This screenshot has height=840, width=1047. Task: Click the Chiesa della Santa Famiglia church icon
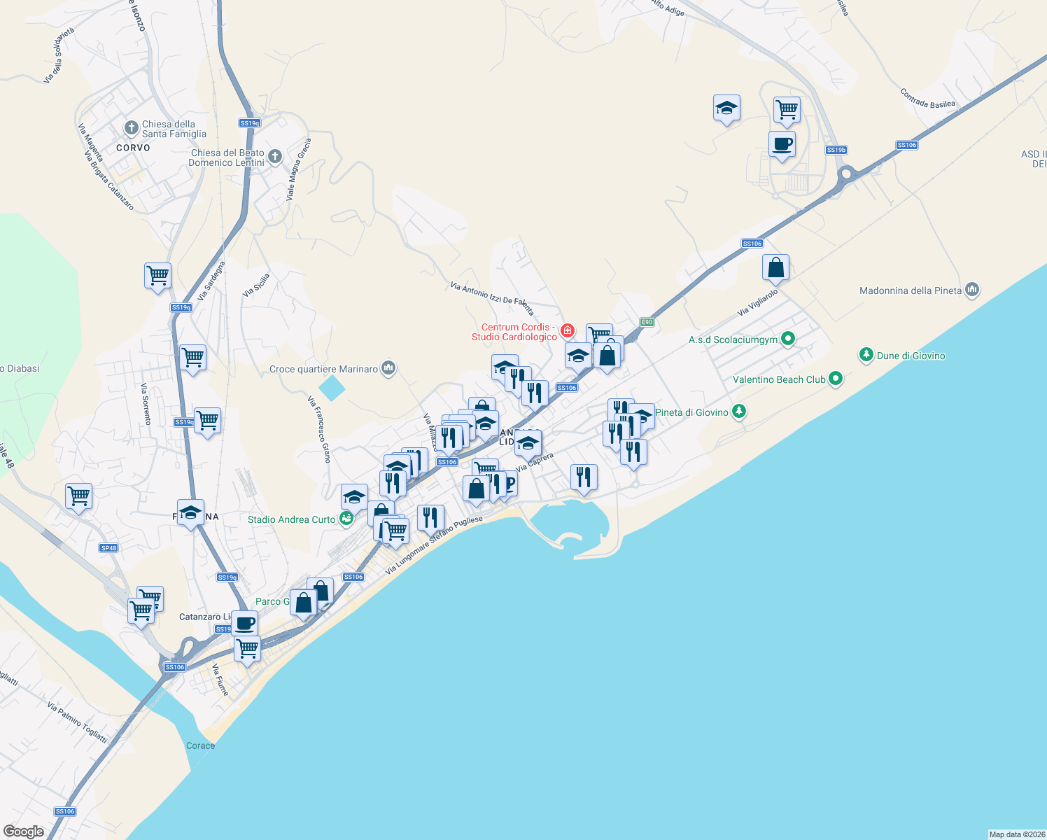pyautogui.click(x=131, y=127)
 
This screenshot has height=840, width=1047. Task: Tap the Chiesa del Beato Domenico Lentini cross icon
pyautogui.click(x=275, y=156)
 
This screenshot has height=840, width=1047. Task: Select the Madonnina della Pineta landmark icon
pyautogui.click(x=971, y=289)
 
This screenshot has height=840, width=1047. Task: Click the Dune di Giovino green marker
pyautogui.click(x=866, y=355)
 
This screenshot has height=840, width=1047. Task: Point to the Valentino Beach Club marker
pyautogui.click(x=835, y=379)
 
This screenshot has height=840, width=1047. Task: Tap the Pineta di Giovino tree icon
pyautogui.click(x=738, y=412)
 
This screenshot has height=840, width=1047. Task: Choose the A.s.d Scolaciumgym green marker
pyautogui.click(x=788, y=339)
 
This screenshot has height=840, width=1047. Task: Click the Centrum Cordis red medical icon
pyautogui.click(x=567, y=330)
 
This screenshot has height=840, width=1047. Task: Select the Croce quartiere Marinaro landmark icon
pyautogui.click(x=389, y=368)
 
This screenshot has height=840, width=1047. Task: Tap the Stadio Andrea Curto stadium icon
pyautogui.click(x=346, y=519)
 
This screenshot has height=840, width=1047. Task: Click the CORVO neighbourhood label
pyautogui.click(x=133, y=148)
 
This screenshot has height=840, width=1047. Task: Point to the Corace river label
pyautogui.click(x=200, y=745)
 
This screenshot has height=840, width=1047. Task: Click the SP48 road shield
pyautogui.click(x=108, y=547)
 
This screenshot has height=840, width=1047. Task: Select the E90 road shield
pyautogui.click(x=647, y=322)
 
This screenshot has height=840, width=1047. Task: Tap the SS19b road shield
pyautogui.click(x=836, y=150)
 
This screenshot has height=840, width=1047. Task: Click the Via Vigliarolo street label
pyautogui.click(x=757, y=302)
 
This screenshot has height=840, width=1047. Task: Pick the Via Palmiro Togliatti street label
pyautogui.click(x=77, y=722)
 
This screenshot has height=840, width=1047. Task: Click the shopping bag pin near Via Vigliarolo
pyautogui.click(x=775, y=267)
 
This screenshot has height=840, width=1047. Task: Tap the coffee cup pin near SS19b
pyautogui.click(x=782, y=145)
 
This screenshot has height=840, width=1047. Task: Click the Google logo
pyautogui.click(x=24, y=832)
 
